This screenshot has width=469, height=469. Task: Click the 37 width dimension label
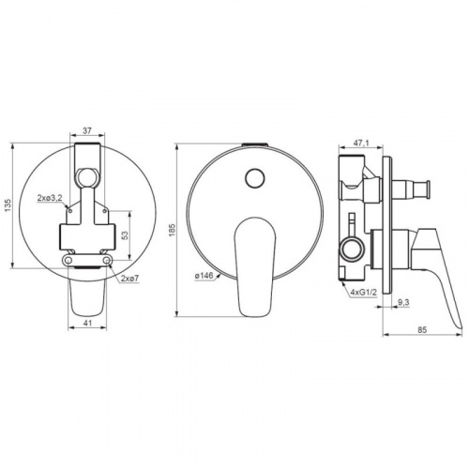pos(87,130)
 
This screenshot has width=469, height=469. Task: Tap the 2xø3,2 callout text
pos(50,198)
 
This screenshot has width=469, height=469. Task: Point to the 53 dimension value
pos(125,234)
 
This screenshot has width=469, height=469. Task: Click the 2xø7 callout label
pos(129,279)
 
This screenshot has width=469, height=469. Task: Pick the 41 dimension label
pos(87,323)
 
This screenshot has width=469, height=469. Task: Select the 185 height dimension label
pos(173,231)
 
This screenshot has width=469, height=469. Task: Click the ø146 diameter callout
pos(204,276)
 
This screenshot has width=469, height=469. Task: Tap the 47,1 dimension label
pos(361,143)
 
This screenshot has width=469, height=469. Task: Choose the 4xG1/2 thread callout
pos(364,293)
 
